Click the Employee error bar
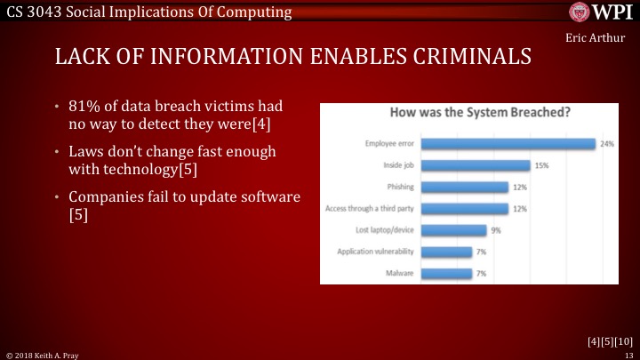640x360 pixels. [x=508, y=144]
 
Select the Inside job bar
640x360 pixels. [x=476, y=165]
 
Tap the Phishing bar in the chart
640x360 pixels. [x=464, y=187]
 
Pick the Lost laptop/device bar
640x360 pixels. [x=453, y=230]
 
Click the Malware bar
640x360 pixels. [x=446, y=273]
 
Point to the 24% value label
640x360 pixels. [x=607, y=144]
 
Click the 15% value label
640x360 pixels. [x=540, y=165]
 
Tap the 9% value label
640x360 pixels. [x=496, y=230]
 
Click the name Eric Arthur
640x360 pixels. [x=588, y=39]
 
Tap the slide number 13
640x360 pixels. [x=628, y=354]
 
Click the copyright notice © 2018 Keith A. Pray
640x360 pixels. [x=43, y=354]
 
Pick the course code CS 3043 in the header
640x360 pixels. [x=36, y=12]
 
